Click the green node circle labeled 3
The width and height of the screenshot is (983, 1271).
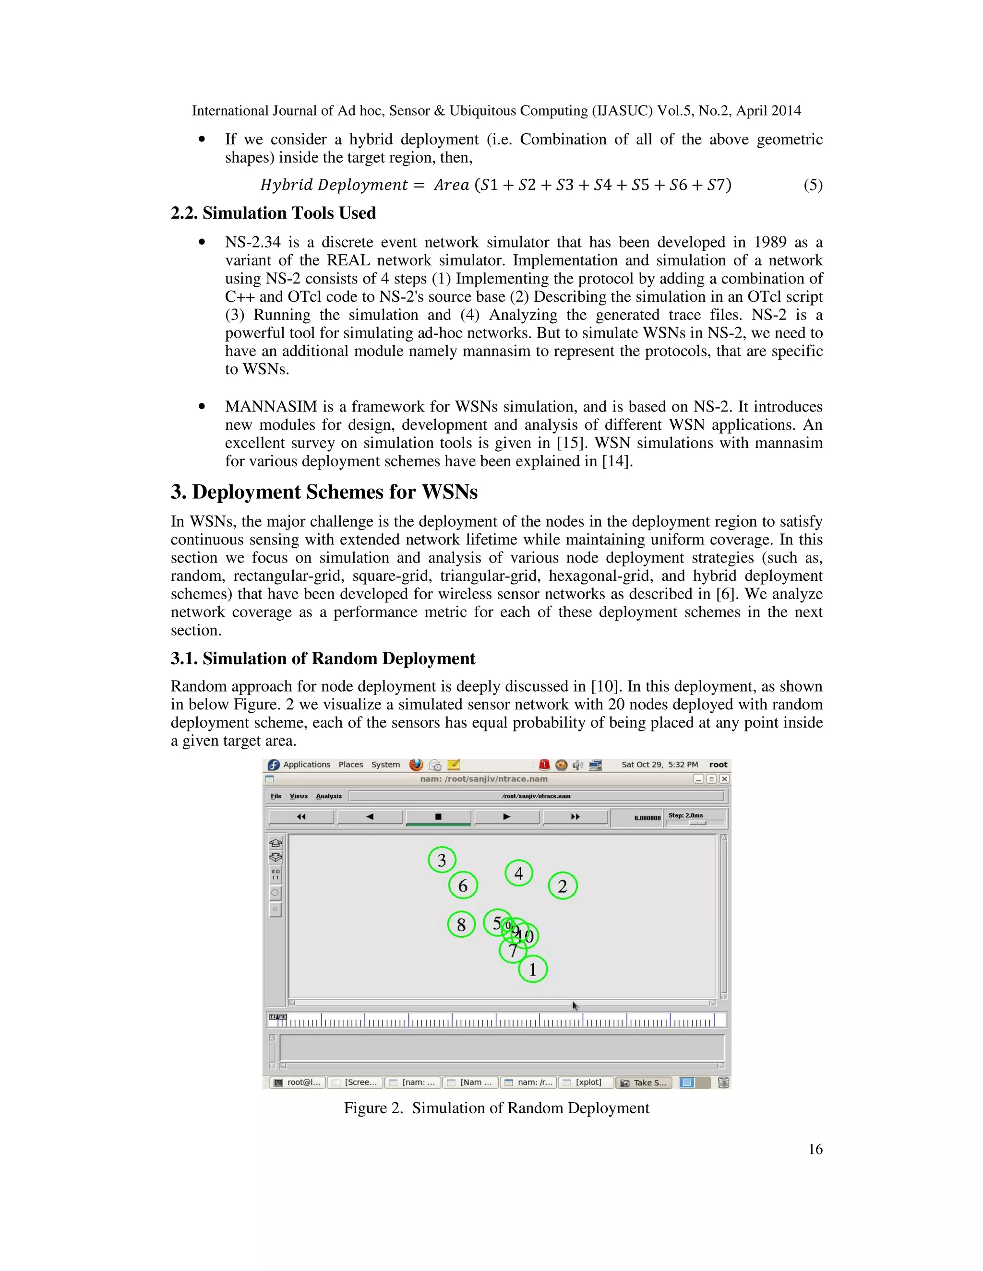tap(442, 860)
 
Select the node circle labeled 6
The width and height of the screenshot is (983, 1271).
tap(463, 886)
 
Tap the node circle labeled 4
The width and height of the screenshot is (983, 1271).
tap(518, 873)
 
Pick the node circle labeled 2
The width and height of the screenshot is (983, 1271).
tap(563, 886)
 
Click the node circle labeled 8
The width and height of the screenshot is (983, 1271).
tap(461, 924)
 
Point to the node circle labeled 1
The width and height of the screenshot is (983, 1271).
tap(533, 969)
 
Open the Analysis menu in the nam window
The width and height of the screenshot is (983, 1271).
tap(329, 796)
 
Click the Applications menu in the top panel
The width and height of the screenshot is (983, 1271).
tap(306, 765)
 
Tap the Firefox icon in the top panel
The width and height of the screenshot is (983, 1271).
tap(416, 765)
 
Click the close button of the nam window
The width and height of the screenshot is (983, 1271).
tap(724, 778)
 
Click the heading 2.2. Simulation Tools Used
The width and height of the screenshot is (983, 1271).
tap(273, 213)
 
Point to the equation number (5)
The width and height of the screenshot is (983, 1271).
tap(813, 185)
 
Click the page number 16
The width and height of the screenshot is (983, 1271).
tap(815, 1149)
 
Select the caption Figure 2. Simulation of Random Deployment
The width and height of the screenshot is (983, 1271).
tap(496, 1107)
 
